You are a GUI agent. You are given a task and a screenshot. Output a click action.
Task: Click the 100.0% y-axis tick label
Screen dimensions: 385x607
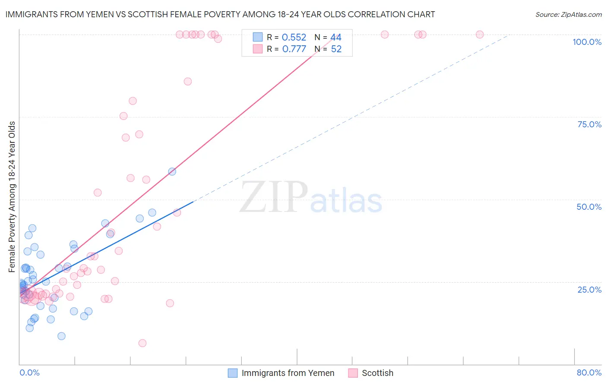[x=587, y=42]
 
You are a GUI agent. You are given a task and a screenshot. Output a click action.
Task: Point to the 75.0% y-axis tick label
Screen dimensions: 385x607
[x=589, y=124]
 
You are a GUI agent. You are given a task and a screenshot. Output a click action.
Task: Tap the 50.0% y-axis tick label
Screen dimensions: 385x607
[x=589, y=207]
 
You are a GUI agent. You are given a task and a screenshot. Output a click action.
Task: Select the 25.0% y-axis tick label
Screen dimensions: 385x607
[x=589, y=289]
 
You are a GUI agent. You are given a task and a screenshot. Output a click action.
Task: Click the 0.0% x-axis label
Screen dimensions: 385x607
[x=29, y=372]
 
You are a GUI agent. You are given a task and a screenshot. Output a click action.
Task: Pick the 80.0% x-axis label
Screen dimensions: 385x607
[x=589, y=372]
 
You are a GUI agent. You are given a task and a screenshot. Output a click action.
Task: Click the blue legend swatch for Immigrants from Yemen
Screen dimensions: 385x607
[x=233, y=373]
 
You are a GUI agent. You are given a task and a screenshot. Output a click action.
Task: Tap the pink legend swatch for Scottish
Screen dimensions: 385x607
[x=353, y=373]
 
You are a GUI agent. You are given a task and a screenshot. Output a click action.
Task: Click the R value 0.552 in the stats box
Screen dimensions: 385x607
[x=294, y=38]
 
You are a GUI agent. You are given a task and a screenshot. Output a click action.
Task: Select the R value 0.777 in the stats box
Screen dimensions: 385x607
[x=294, y=49]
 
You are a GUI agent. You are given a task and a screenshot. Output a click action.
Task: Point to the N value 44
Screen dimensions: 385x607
[x=336, y=38]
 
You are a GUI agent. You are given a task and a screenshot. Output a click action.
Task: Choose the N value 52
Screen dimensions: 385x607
[x=336, y=49]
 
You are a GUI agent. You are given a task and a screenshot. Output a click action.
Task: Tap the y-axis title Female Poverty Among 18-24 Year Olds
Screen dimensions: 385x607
[x=12, y=197]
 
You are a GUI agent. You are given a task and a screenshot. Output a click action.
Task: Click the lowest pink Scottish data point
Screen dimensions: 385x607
[x=142, y=343]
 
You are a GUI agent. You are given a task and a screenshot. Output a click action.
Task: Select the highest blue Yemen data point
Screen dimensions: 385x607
[x=172, y=171]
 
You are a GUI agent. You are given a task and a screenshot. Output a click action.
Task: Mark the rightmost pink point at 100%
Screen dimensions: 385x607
[x=480, y=35]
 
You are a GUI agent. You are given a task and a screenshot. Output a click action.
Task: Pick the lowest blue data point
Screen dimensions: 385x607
[x=61, y=336]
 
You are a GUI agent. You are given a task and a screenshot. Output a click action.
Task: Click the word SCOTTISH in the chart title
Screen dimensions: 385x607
[x=149, y=14]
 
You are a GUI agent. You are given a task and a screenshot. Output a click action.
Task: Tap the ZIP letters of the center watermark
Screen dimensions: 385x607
[x=274, y=197]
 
